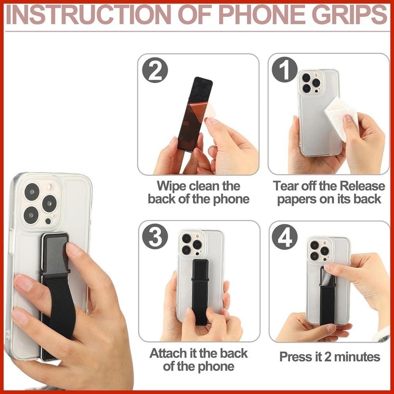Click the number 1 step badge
tap(285, 70)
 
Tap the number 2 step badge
tap(155, 70)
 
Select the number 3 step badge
tap(155, 237)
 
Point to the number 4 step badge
tap(285, 237)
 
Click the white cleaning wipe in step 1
tap(340, 117)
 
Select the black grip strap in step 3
tap(200, 292)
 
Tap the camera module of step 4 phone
tap(319, 250)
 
